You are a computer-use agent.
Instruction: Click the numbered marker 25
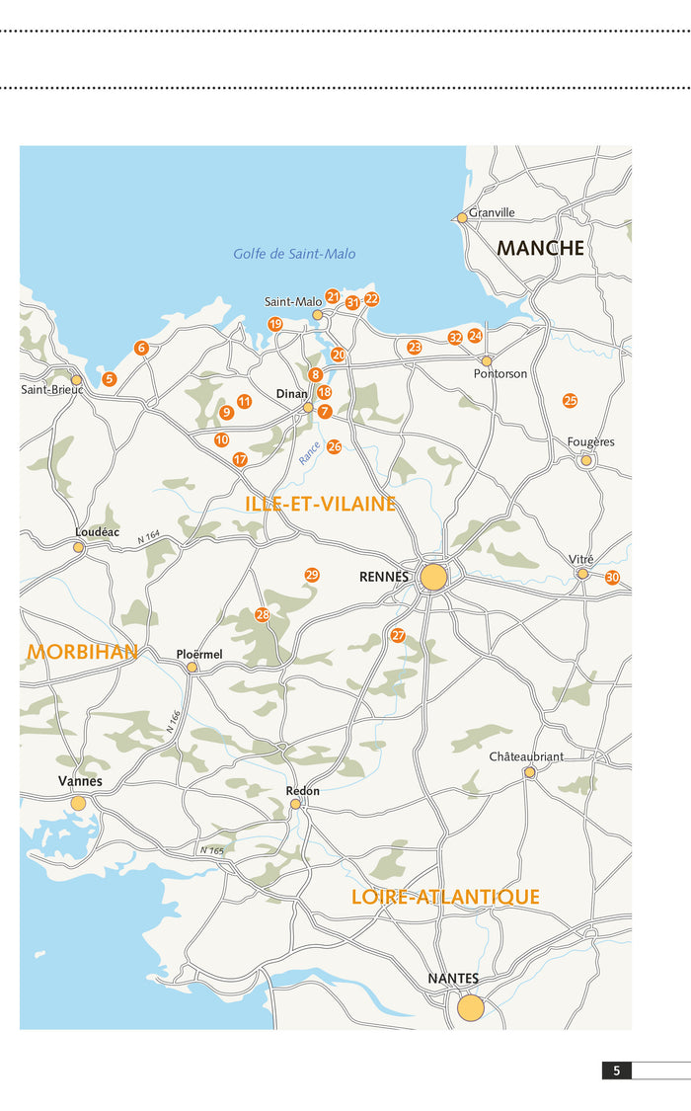(570, 401)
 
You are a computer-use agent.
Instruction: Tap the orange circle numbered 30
(612, 578)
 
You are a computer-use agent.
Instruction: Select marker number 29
(312, 575)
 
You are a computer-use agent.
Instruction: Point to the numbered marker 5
(110, 379)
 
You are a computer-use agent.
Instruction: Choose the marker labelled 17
(240, 460)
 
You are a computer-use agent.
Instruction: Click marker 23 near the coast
(415, 348)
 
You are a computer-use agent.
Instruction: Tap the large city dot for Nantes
(471, 1007)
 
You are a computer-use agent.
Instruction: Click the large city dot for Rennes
(433, 577)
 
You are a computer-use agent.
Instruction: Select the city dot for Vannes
(78, 804)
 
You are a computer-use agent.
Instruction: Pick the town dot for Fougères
(586, 460)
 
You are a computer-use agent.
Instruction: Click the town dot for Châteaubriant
(530, 772)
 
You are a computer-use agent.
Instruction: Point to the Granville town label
(492, 212)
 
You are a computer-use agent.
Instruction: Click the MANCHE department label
(540, 248)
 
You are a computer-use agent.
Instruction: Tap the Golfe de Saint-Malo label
(294, 254)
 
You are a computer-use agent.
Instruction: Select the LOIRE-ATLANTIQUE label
(445, 897)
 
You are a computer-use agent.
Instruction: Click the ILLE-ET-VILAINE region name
(320, 505)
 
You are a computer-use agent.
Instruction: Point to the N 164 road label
(148, 538)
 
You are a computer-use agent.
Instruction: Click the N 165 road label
(211, 850)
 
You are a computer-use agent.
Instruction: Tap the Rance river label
(309, 454)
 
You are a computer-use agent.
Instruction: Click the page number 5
(616, 1071)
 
